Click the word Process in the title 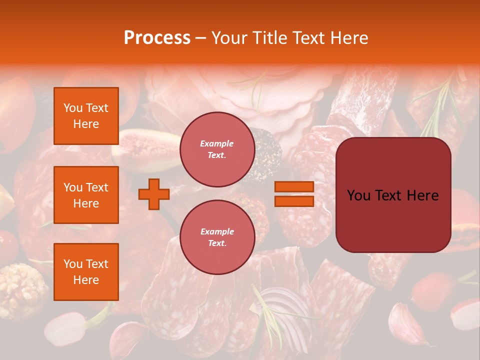[157, 38]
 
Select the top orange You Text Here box [86, 116]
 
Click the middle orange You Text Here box [86, 195]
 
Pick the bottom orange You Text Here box [86, 272]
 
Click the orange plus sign [153, 194]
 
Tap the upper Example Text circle [217, 149]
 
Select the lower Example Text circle [217, 237]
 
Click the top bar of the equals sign [294, 187]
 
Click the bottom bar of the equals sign [294, 201]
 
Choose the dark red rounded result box [393, 195]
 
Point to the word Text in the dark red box [393, 195]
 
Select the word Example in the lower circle [217, 231]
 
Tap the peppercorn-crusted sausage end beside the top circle [267, 155]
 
